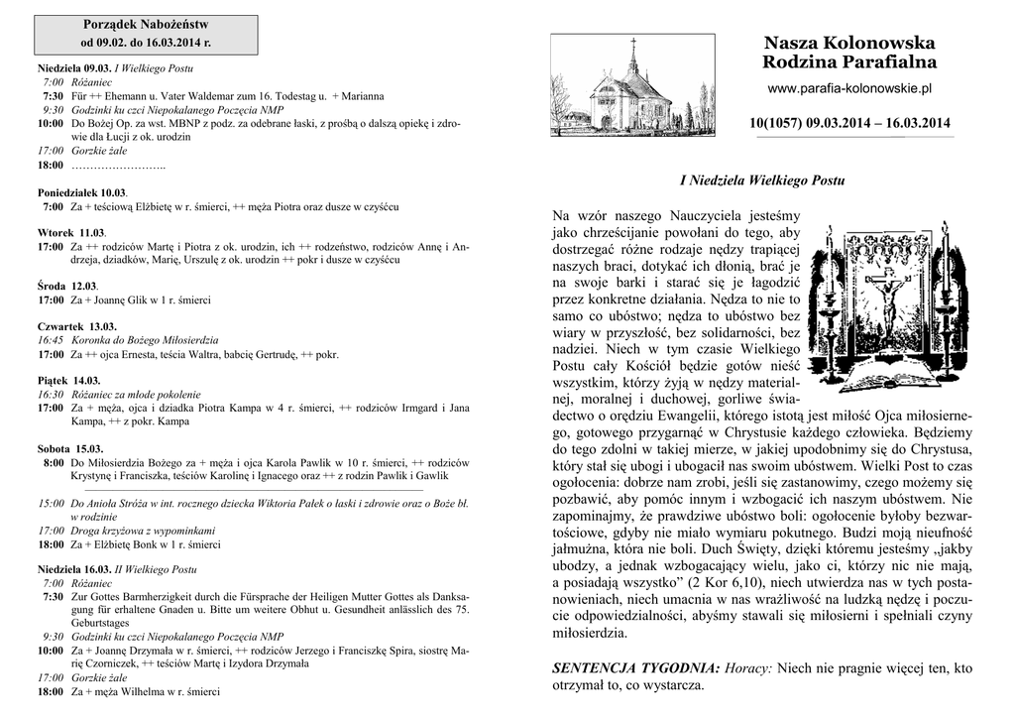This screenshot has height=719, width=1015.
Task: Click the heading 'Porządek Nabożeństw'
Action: (145, 23)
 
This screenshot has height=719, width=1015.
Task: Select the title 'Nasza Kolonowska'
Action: (849, 44)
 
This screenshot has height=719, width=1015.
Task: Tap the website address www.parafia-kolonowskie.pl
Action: (849, 89)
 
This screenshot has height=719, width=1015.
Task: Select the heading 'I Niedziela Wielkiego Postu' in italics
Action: (761, 181)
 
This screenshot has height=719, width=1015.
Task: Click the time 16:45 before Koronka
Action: (51, 339)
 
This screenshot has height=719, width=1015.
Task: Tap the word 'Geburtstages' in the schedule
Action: (98, 623)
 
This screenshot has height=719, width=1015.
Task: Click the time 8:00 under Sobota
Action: (54, 462)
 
